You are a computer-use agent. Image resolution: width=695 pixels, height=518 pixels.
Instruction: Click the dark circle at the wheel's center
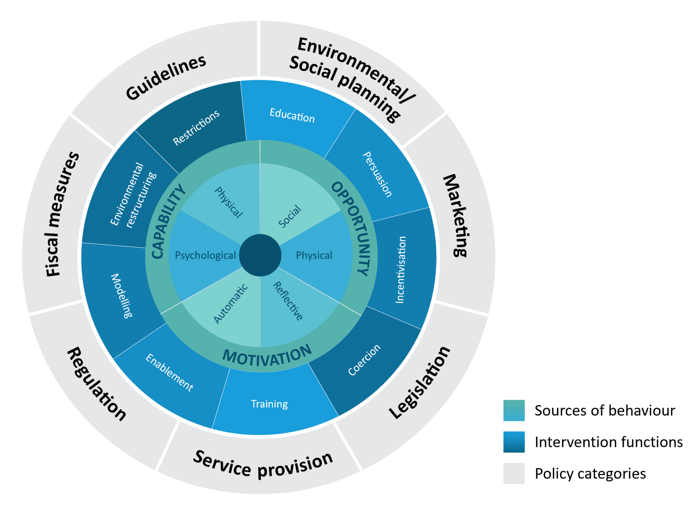[260, 255]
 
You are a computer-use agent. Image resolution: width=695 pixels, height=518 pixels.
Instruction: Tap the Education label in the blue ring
[292, 115]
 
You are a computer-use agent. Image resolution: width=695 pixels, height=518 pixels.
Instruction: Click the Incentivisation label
[401, 270]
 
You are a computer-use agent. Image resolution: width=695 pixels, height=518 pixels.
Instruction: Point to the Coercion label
[364, 360]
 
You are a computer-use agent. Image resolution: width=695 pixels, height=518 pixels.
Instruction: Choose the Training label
[269, 404]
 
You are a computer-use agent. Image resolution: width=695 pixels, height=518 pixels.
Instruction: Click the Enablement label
[169, 373]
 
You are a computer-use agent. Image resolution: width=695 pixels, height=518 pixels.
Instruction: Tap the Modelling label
[121, 296]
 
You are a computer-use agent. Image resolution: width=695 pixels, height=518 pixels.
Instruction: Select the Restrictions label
[196, 128]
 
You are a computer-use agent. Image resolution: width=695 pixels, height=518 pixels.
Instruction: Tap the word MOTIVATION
[267, 356]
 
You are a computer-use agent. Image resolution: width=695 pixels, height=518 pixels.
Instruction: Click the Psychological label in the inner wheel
[205, 255]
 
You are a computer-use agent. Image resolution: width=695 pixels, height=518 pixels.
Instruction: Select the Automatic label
[230, 304]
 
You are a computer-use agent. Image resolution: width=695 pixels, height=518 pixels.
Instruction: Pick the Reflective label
[288, 301]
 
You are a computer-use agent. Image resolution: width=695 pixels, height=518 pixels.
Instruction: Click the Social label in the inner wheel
[289, 217]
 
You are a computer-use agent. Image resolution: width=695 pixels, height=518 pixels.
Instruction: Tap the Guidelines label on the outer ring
[166, 77]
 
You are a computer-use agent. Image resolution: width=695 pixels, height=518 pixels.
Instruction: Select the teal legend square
[514, 410]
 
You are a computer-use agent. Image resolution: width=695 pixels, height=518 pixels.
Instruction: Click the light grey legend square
[514, 473]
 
